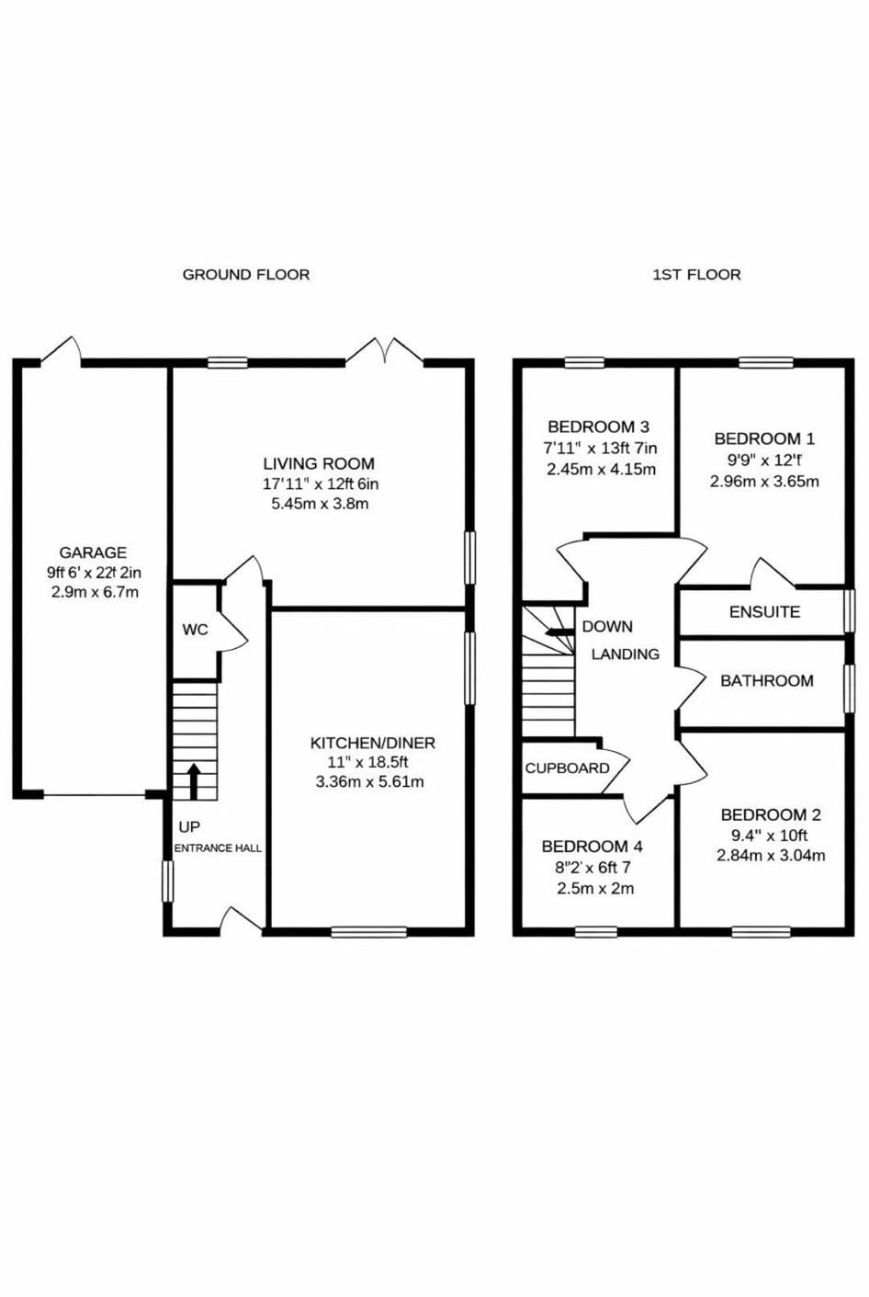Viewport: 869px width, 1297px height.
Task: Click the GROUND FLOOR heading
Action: (x=246, y=275)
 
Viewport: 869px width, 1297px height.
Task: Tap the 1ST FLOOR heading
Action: (x=696, y=275)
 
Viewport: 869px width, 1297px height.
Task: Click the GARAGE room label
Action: (x=93, y=552)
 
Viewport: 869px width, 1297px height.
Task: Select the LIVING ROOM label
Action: (x=319, y=464)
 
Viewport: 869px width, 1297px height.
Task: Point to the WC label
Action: (x=195, y=630)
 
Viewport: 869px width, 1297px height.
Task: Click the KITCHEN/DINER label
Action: (x=373, y=743)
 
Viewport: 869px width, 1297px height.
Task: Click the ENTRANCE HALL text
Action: (x=218, y=848)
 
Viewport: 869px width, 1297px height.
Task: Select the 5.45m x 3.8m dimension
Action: (x=320, y=503)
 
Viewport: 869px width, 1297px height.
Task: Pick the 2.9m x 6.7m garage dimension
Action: (x=93, y=592)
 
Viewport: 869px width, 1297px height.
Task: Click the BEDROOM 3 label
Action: (x=598, y=427)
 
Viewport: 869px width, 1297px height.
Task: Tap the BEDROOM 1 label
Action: (x=764, y=438)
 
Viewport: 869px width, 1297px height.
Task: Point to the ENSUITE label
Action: (x=764, y=612)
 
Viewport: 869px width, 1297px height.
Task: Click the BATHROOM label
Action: (x=767, y=680)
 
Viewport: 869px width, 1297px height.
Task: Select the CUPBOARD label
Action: (x=567, y=768)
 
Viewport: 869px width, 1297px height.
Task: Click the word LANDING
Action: (x=625, y=654)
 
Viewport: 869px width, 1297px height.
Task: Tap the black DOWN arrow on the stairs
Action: (x=559, y=631)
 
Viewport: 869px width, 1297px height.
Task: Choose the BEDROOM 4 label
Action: (x=592, y=847)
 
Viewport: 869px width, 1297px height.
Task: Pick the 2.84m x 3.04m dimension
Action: (x=771, y=855)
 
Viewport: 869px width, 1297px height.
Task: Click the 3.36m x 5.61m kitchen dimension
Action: (x=369, y=781)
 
